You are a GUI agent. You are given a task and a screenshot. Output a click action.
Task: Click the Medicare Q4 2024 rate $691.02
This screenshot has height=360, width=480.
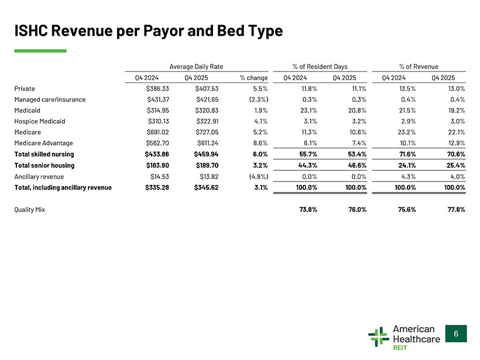pos(157,132)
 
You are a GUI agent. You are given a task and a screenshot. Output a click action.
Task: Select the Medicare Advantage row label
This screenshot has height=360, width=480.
pos(43,143)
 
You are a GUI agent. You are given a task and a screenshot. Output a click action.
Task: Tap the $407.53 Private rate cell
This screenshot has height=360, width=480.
pos(207,88)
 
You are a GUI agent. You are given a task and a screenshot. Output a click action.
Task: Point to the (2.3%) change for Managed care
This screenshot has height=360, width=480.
pos(259,100)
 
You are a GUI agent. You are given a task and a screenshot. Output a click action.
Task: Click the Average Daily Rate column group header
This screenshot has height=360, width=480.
pos(196,66)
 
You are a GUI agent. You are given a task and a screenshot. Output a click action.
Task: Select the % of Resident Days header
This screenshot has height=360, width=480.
pos(320,66)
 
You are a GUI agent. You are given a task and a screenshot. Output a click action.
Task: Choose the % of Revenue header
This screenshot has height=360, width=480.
pos(419,66)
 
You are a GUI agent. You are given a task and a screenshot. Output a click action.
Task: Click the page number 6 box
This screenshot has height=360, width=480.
pos(456,334)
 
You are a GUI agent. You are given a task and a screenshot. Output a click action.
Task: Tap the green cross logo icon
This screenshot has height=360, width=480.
pos(379,337)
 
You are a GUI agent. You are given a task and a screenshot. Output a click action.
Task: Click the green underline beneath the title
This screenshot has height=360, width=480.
pos(40,51)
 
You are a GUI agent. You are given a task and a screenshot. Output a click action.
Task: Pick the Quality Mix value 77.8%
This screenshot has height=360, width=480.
pos(456,210)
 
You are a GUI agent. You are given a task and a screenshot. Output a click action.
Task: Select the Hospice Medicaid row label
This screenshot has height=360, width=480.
pos(40,121)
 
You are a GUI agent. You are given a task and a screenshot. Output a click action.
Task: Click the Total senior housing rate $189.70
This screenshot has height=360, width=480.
pos(207,165)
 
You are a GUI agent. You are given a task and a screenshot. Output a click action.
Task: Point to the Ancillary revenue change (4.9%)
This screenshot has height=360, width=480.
pos(259,177)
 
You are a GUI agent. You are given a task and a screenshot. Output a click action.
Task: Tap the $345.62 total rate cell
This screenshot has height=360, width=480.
pos(206,187)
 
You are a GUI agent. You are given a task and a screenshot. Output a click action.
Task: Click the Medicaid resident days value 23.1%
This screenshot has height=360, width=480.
pos(308,110)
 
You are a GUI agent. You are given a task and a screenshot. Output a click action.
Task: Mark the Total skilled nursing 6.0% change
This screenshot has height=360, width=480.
pos(260,155)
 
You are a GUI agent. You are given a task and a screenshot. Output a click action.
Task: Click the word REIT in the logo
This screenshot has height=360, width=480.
pos(400,348)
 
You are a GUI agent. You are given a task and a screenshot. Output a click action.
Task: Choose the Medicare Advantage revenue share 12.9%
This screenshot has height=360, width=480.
pos(456,143)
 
